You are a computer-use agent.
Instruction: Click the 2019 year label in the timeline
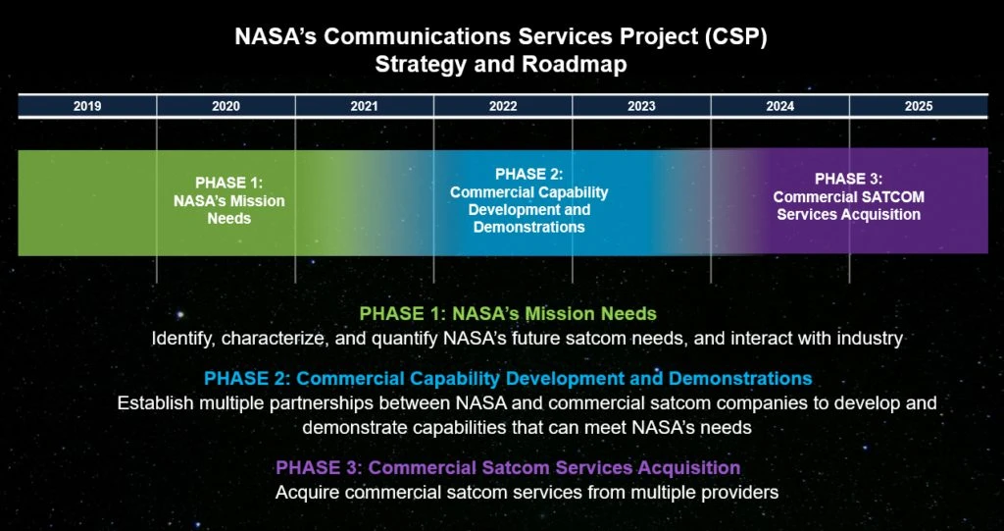[87, 106]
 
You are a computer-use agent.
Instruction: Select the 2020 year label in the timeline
[226, 106]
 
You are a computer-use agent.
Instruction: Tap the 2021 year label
[365, 106]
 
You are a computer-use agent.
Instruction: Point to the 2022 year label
[503, 106]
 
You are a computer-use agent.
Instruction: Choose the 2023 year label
[641, 106]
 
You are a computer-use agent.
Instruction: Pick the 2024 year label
[779, 106]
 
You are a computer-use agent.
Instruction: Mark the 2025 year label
[919, 106]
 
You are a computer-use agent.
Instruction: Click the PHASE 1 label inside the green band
[229, 183]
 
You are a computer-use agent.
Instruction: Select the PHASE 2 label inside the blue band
[528, 174]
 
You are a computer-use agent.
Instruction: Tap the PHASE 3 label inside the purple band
[849, 179]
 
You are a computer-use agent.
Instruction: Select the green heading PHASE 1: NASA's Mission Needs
[509, 314]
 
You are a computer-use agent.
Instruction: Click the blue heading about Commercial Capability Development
[509, 378]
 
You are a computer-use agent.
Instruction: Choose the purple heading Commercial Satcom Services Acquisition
[509, 467]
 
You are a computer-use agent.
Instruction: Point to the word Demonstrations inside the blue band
[528, 227]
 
